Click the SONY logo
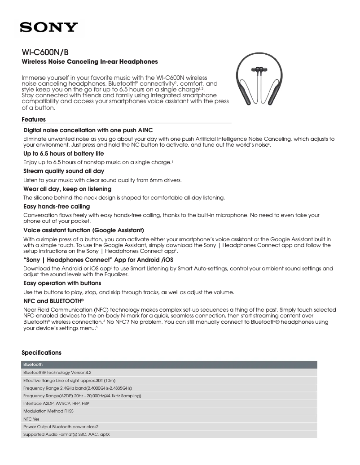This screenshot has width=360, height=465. (48, 28)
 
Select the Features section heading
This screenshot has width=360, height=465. (34, 120)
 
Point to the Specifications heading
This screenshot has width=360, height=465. (41, 353)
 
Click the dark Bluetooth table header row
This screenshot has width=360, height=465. (169, 365)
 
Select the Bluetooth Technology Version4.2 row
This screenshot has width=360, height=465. (169, 373)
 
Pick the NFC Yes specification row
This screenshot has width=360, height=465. (169, 419)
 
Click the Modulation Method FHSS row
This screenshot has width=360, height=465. (169, 411)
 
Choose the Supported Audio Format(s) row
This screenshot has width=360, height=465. (169, 435)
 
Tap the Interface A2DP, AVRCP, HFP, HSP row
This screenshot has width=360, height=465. (169, 404)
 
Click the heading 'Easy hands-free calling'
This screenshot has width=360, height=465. (57, 207)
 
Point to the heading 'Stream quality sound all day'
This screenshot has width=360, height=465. (64, 171)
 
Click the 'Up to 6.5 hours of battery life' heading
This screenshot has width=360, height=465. (63, 153)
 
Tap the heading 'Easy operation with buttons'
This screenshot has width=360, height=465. (62, 283)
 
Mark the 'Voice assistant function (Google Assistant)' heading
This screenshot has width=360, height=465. (83, 230)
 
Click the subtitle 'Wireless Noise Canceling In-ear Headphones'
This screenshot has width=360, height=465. (90, 61)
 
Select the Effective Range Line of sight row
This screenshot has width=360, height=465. (169, 380)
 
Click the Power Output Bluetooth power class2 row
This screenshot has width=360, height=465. (169, 427)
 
